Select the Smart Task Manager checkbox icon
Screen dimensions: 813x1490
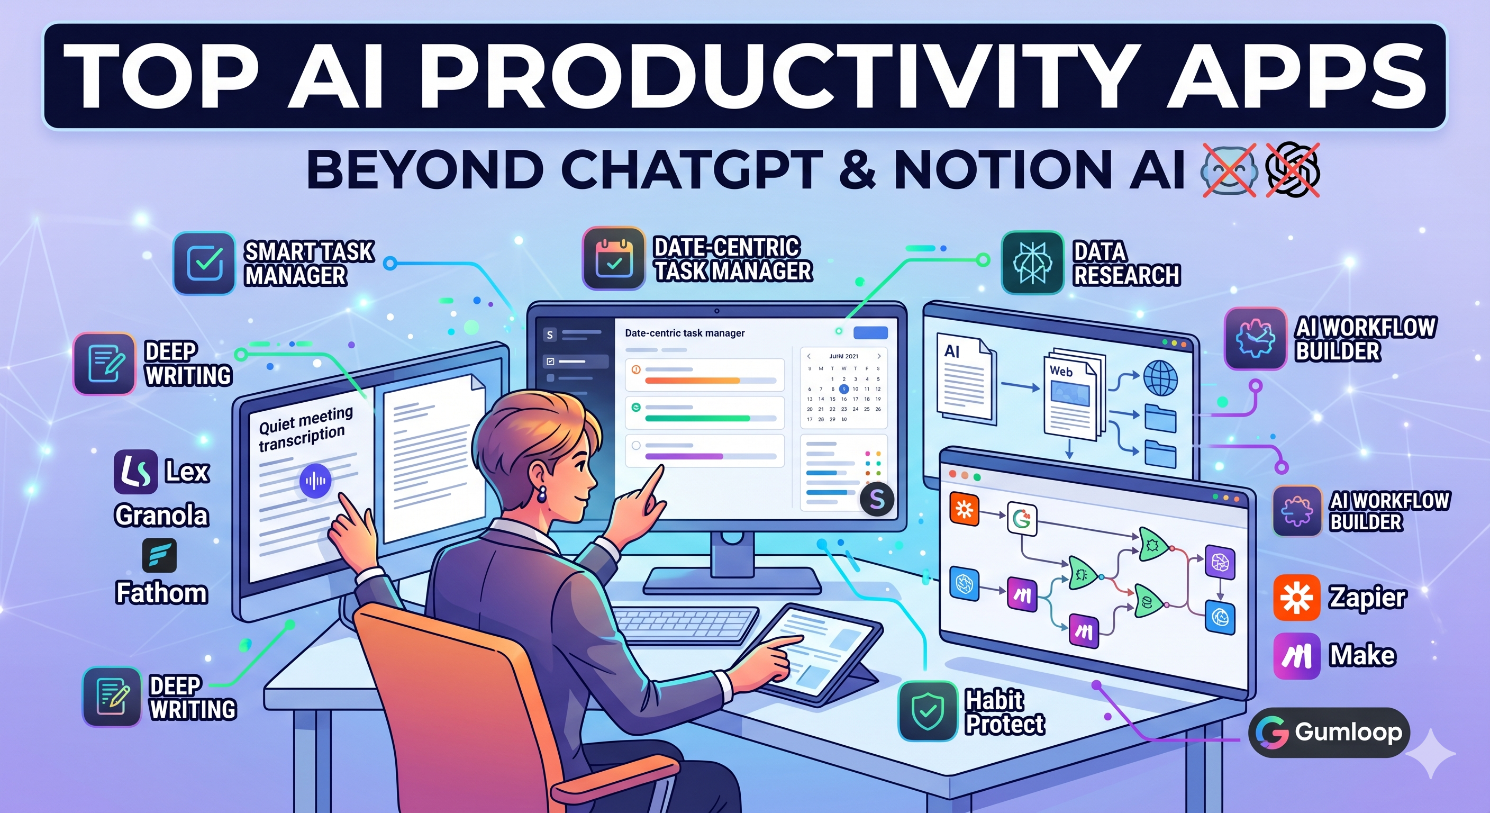[204, 263]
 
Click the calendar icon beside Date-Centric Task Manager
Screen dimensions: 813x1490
[614, 258]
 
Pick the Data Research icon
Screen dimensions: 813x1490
[1032, 263]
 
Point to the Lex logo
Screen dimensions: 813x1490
[135, 472]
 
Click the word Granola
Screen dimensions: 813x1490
[161, 516]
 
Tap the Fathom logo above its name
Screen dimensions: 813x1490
[159, 555]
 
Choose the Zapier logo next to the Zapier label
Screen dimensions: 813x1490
[1296, 598]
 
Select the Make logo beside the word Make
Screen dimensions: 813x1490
[1296, 656]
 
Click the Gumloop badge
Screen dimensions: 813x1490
[1329, 732]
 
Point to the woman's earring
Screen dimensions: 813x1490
[542, 495]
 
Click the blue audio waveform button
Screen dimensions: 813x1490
[315, 480]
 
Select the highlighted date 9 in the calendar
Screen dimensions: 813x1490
[844, 389]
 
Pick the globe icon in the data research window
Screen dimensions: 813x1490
[1160, 378]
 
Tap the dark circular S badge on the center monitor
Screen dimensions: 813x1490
[877, 499]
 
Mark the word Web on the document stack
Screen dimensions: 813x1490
[1061, 371]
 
